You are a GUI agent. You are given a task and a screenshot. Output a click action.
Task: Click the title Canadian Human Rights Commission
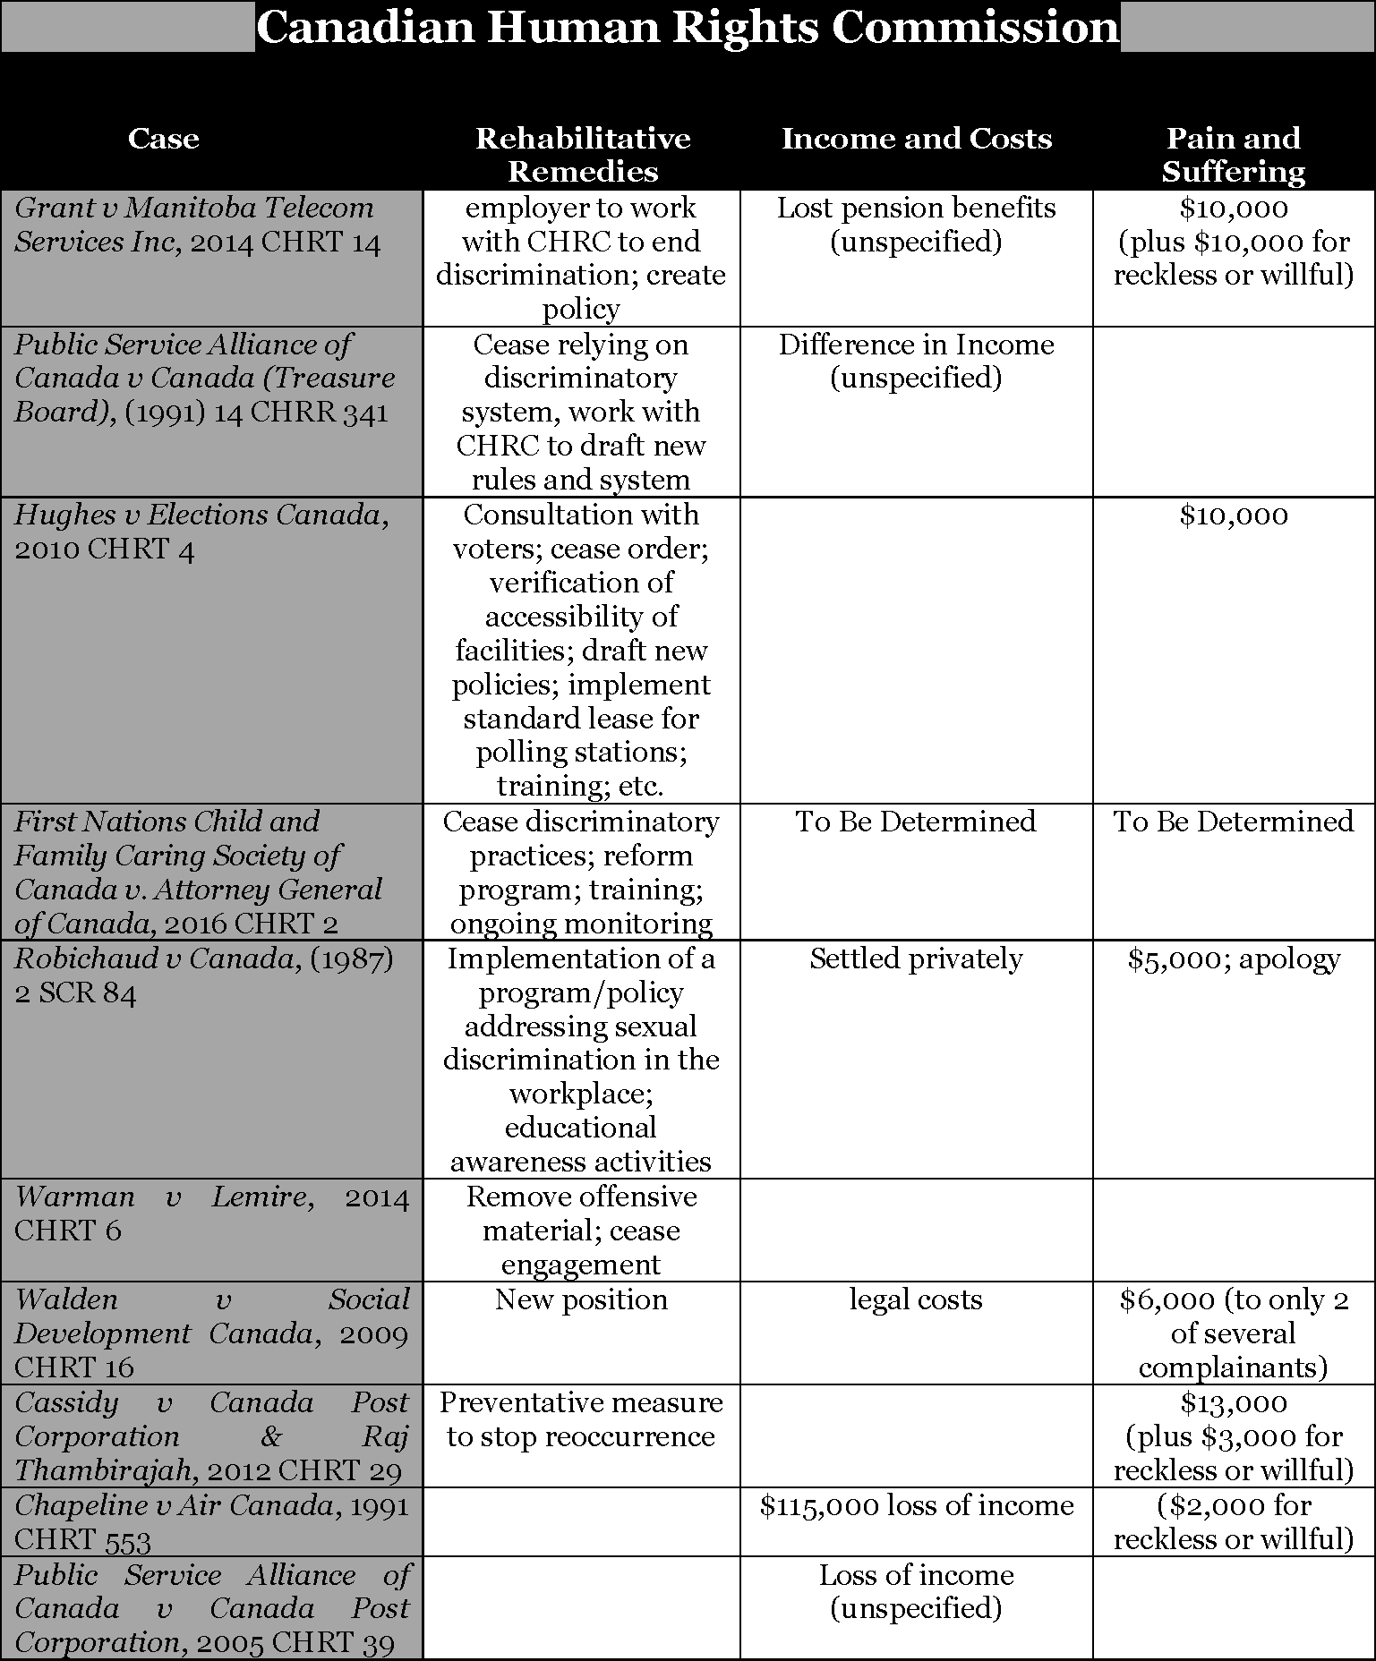[688, 27]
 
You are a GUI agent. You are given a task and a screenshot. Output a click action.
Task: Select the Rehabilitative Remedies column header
[582, 154]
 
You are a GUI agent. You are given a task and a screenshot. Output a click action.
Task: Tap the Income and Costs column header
[916, 139]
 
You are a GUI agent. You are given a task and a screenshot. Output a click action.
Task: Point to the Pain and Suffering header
[1233, 154]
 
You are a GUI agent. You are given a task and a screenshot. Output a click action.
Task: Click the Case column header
[163, 139]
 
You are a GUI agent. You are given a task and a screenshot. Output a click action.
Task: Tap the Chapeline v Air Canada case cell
[211, 1522]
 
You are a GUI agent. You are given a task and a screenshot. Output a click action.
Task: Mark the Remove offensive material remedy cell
[581, 1231]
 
